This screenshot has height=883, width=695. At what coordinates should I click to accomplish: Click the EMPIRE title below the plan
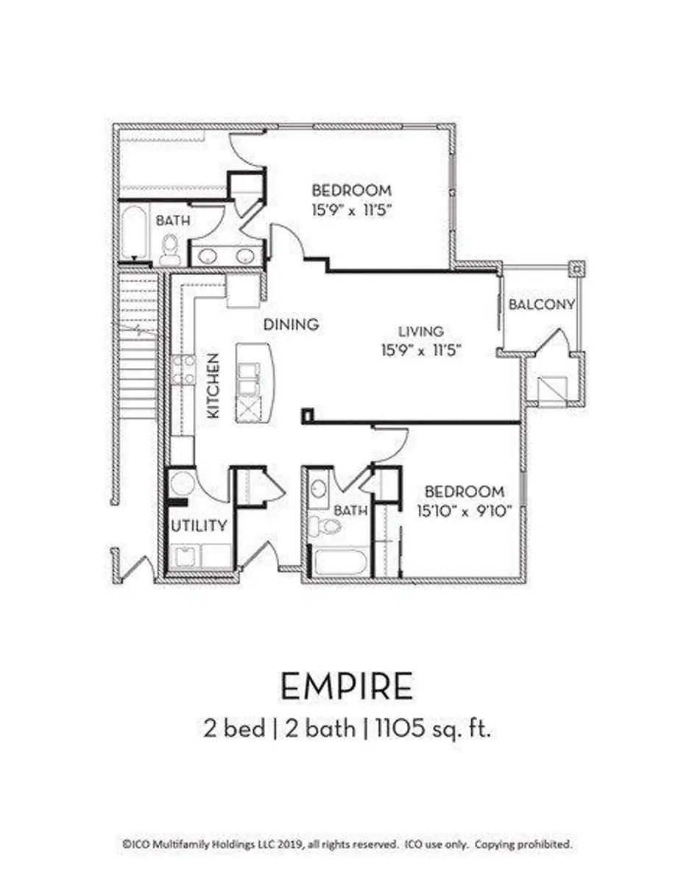tap(347, 687)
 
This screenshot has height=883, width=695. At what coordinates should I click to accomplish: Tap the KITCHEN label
tap(213, 386)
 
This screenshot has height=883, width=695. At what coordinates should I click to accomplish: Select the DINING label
tap(291, 325)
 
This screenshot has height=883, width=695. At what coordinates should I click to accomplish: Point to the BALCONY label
tap(541, 305)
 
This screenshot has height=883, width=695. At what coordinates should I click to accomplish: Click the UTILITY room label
tap(199, 525)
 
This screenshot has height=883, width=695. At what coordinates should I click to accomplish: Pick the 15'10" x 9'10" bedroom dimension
tap(465, 511)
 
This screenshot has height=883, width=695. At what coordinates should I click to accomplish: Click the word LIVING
tap(421, 331)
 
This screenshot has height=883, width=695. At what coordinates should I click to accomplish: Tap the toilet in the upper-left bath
tap(169, 250)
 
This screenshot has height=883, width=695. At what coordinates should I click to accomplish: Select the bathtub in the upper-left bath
tap(134, 233)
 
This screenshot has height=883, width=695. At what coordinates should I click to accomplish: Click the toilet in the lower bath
tap(324, 525)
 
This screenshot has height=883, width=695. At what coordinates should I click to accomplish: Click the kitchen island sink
tap(248, 380)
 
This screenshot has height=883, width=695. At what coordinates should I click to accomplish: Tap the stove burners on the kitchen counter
tap(183, 370)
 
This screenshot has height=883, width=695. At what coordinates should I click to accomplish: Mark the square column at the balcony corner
tap(576, 269)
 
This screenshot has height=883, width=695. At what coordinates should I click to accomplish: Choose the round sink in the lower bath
tap(318, 489)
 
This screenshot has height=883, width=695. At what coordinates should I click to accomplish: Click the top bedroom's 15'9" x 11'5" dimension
tap(352, 210)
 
